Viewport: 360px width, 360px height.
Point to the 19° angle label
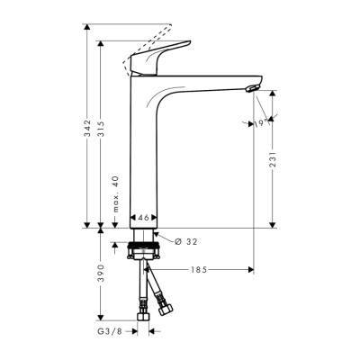(x=257, y=123)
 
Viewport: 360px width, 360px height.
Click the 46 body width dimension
(x=144, y=218)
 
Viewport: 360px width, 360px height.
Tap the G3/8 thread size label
(x=111, y=331)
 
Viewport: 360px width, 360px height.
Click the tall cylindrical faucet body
(x=144, y=153)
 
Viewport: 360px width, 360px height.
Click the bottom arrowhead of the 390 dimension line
(x=101, y=317)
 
